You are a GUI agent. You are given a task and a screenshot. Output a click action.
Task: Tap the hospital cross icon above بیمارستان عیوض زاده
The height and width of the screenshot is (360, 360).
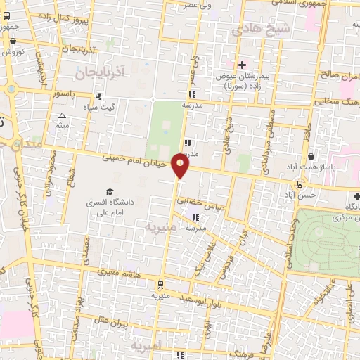tap(242, 65)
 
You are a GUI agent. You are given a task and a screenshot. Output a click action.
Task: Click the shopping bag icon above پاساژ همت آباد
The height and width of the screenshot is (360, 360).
tap(311, 157)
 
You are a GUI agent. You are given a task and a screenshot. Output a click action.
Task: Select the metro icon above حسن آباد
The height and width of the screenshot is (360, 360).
tap(300, 184)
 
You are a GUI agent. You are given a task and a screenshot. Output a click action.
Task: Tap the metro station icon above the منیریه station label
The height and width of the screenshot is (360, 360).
tap(162, 285)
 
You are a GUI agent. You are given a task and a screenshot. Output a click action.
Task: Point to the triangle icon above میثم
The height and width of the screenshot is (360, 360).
tap(62, 115)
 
